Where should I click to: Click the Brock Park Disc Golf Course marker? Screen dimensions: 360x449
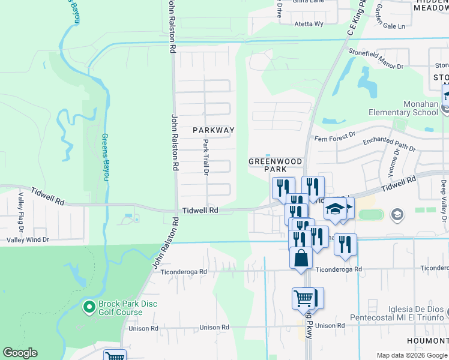(x=89, y=307)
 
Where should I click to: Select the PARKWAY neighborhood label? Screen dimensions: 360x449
(x=213, y=130)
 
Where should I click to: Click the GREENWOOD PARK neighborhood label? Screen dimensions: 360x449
(x=268, y=165)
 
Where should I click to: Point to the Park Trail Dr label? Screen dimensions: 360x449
(x=205, y=157)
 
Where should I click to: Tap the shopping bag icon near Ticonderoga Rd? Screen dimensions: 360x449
(x=301, y=259)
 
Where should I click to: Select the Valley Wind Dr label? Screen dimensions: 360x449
(x=28, y=239)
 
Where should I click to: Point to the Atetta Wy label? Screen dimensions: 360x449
(x=309, y=24)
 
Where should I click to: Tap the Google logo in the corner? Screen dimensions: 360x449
(x=20, y=353)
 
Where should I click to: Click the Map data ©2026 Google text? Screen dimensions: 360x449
(x=411, y=356)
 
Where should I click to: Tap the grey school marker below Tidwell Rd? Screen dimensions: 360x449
(x=396, y=214)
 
